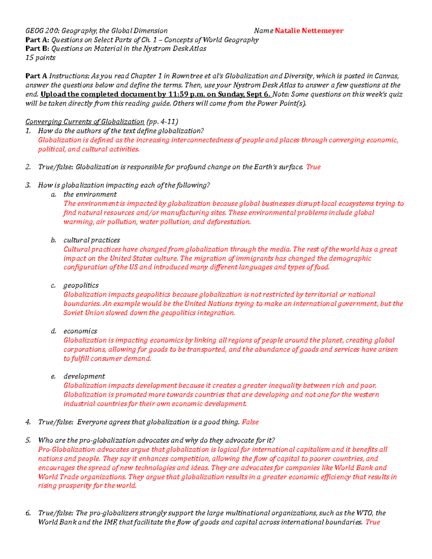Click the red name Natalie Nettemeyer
pos(309,31)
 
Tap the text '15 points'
pos(40,58)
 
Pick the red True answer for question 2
pos(313,167)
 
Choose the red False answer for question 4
pos(250,422)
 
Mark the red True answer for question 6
pos(373,522)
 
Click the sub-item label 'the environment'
pos(90,194)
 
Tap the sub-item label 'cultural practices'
pos(92,240)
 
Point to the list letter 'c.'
pos(53,285)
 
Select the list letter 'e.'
pos(53,377)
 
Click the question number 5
pos(28,440)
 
